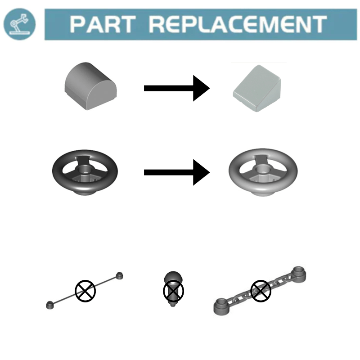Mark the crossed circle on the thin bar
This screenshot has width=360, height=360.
point(85,291)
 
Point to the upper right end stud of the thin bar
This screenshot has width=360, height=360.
point(119,275)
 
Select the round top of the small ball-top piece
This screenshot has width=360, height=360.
point(173,277)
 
